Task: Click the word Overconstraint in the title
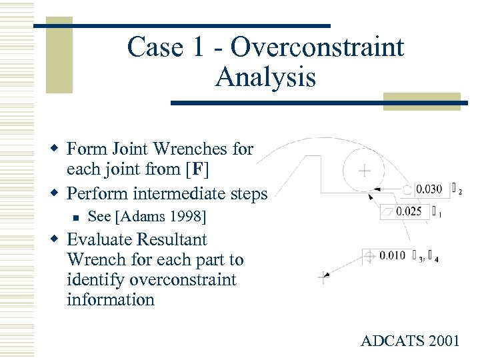[x=317, y=47]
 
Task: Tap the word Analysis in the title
[x=265, y=78]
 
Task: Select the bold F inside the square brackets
[x=198, y=169]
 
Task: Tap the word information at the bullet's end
[x=110, y=299]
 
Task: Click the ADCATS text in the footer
[x=389, y=341]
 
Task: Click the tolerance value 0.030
[x=429, y=189]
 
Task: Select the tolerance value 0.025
[x=409, y=212]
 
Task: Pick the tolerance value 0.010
[x=392, y=255]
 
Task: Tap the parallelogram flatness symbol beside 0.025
[x=387, y=212]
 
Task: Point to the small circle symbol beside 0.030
[x=407, y=189]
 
